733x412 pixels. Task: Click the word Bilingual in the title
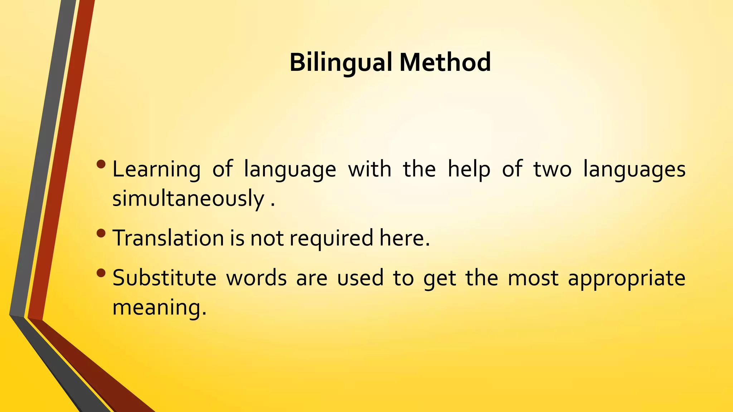[x=340, y=63]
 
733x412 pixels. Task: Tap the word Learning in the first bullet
[x=156, y=170]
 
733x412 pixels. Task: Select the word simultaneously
[x=188, y=199]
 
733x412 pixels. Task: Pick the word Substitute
[x=164, y=278]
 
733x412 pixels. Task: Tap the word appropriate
[x=626, y=279]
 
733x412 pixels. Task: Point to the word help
[x=469, y=170]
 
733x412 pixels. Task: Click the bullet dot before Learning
[x=101, y=164]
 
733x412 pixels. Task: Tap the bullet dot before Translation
[x=101, y=233]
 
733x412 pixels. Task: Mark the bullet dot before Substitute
[x=101, y=273]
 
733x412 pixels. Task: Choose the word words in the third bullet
[x=256, y=278]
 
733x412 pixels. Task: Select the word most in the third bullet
[x=533, y=279]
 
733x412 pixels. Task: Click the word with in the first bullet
[x=370, y=170]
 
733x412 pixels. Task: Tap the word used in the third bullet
[x=360, y=278]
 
